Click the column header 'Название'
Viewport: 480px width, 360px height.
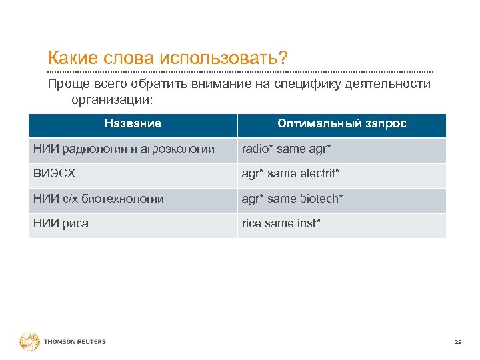tap(133, 123)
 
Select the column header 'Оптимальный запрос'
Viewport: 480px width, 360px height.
tap(342, 123)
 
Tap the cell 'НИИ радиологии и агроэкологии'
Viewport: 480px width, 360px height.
tap(124, 149)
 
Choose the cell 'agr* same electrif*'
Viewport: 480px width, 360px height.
tap(291, 173)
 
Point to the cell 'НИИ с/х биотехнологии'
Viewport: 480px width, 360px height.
tap(99, 198)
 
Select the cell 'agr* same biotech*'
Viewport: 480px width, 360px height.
tap(292, 198)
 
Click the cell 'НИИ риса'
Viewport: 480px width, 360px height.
tap(61, 223)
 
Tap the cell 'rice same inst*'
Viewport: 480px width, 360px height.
tap(281, 223)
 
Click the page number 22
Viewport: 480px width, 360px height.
tap(457, 342)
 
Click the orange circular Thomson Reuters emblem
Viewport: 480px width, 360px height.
tap(29, 342)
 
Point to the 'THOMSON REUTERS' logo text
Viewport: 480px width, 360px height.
tap(75, 342)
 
